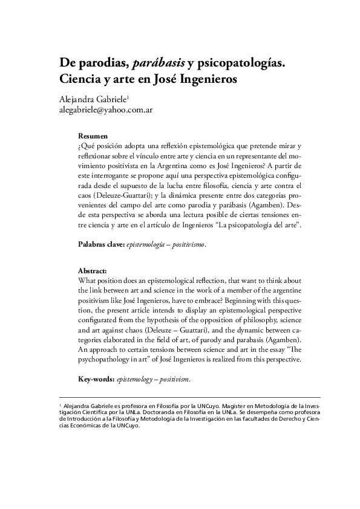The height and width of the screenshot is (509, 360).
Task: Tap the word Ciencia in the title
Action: coord(81,79)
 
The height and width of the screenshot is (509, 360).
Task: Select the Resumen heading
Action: coord(95,137)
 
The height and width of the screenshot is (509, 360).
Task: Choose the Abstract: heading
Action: coord(94,270)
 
